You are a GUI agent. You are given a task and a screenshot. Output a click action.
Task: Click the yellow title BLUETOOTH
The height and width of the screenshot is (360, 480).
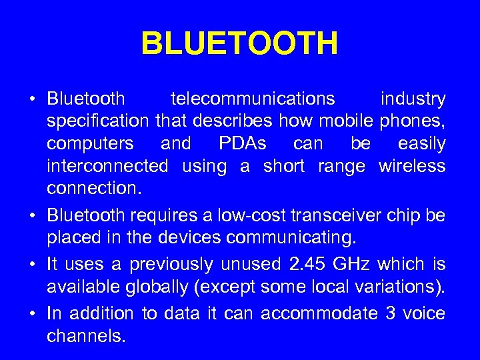(240, 44)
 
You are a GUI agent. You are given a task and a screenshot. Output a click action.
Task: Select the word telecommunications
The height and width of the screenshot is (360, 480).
(253, 99)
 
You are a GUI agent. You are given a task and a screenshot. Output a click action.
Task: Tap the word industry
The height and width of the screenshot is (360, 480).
(413, 99)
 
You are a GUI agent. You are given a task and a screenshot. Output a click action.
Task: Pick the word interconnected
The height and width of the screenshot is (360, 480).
(107, 166)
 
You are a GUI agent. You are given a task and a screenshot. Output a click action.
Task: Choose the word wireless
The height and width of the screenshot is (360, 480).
(412, 166)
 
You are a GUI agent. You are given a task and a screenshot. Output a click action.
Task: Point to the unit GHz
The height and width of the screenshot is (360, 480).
(353, 265)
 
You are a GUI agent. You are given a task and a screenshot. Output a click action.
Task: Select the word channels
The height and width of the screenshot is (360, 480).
(86, 336)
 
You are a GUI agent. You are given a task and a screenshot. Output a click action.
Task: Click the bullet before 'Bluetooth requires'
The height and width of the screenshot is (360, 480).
(32, 215)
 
